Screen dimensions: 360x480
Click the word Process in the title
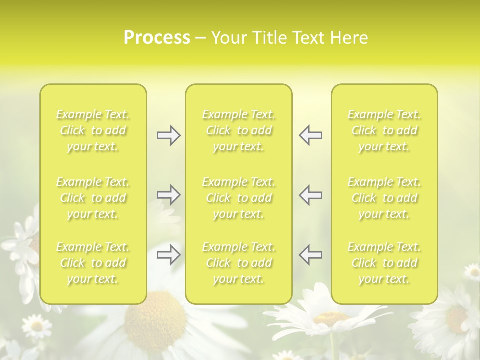coord(157,38)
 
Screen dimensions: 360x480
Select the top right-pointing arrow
coord(169,135)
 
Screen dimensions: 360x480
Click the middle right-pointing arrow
coord(169,195)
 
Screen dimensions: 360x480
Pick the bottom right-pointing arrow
coord(169,254)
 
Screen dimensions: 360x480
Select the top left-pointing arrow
coord(310,135)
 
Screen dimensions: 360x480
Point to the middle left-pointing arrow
coord(310,195)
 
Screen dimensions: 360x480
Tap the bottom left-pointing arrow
coord(310,254)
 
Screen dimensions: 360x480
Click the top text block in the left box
coord(93,130)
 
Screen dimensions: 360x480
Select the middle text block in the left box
coord(93,198)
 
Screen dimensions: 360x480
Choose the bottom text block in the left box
coord(93,263)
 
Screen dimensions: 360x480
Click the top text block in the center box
coord(239,130)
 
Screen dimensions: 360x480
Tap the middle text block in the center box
coord(239,198)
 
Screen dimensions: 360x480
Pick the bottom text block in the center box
coord(239,263)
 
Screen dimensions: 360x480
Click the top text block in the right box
coord(384,130)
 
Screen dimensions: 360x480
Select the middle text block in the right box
coord(384,198)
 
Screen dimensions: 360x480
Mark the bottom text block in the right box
coord(384,263)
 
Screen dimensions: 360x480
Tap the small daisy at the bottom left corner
coord(37,326)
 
